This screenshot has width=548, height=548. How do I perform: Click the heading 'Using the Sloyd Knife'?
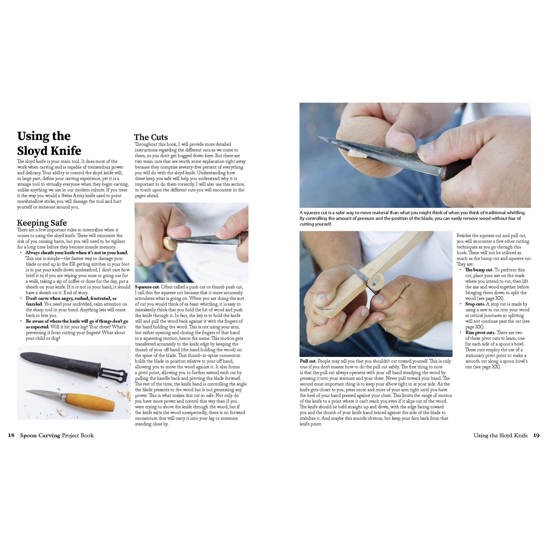pyautogui.click(x=49, y=143)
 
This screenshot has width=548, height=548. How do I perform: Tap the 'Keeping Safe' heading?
pyautogui.click(x=42, y=223)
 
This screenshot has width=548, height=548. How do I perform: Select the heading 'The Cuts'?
pyautogui.click(x=151, y=137)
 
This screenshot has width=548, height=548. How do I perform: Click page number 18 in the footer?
pyautogui.click(x=11, y=435)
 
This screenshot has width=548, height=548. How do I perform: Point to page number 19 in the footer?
pyautogui.click(x=536, y=435)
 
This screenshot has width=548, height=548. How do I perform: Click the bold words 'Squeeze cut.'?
pyautogui.click(x=148, y=287)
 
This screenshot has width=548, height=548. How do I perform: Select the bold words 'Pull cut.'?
pyautogui.click(x=308, y=361)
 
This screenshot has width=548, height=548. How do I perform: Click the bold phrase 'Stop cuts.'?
pyautogui.click(x=475, y=304)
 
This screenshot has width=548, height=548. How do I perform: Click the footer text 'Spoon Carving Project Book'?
pyautogui.click(x=57, y=435)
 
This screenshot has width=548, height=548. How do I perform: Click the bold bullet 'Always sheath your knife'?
pyautogui.click(x=77, y=253)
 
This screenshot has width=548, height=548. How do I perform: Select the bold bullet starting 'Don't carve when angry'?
pyautogui.click(x=71, y=298)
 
